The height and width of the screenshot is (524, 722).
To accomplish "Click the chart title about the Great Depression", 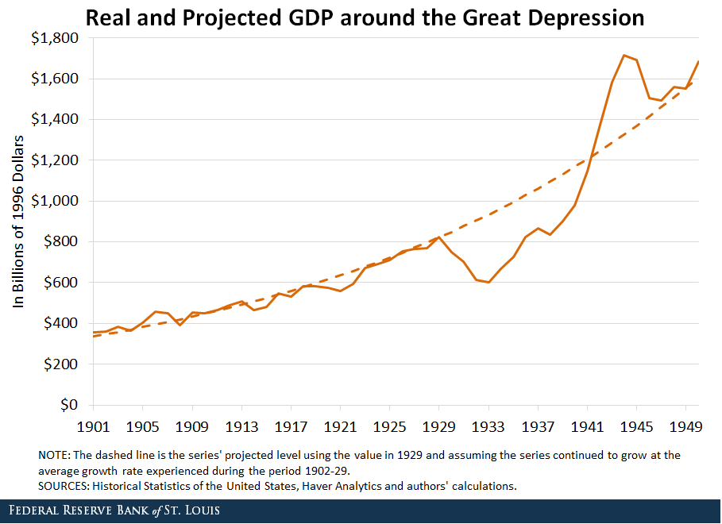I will click(365, 17).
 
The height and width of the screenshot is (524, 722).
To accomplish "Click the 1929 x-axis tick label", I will click(438, 427).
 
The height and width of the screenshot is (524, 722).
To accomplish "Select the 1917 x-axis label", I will click(292, 427).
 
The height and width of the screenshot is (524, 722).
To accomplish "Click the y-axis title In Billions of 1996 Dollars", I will click(19, 222).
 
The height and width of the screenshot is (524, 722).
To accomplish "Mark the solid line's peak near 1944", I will click(624, 56).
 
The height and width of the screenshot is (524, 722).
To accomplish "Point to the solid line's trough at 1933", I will click(488, 282).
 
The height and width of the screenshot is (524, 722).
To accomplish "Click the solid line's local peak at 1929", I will click(439, 237).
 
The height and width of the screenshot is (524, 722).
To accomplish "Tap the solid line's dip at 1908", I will click(180, 325).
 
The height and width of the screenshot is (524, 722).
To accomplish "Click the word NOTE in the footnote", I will click(53, 457).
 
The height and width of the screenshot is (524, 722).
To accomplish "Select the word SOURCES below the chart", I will click(62, 486).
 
